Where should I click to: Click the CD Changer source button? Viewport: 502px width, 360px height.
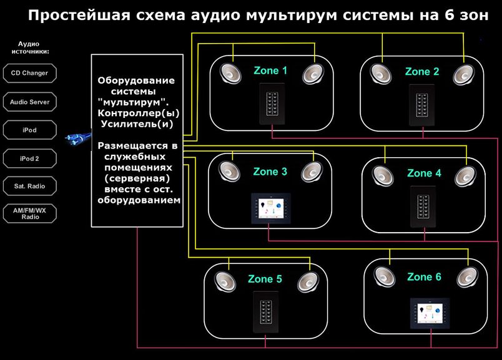click(x=30, y=73)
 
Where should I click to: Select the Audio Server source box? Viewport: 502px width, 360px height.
click(x=30, y=102)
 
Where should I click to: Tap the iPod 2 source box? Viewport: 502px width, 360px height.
click(x=30, y=158)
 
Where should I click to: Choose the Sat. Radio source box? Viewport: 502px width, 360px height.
click(x=30, y=186)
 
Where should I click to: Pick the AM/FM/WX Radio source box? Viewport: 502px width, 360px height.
click(x=30, y=213)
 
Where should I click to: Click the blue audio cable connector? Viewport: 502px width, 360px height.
click(x=79, y=139)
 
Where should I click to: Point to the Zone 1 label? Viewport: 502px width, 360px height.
click(x=270, y=71)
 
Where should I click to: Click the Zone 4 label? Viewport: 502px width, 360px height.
click(x=424, y=173)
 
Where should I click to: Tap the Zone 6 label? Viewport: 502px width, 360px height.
click(x=424, y=277)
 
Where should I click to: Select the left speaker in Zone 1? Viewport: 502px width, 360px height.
click(x=230, y=74)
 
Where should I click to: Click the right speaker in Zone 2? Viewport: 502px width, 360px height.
click(x=463, y=75)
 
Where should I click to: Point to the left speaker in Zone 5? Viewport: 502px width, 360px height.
click(x=225, y=282)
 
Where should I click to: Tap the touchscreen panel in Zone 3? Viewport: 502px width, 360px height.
click(x=271, y=208)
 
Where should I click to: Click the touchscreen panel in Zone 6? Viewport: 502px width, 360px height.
click(x=430, y=313)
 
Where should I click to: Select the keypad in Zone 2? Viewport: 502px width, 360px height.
click(x=421, y=105)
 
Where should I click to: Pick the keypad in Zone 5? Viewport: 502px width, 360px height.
click(x=266, y=313)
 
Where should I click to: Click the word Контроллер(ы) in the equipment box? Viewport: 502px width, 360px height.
click(x=139, y=114)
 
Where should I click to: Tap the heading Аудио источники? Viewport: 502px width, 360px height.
click(x=30, y=47)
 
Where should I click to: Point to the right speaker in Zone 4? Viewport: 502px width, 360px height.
click(x=466, y=176)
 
